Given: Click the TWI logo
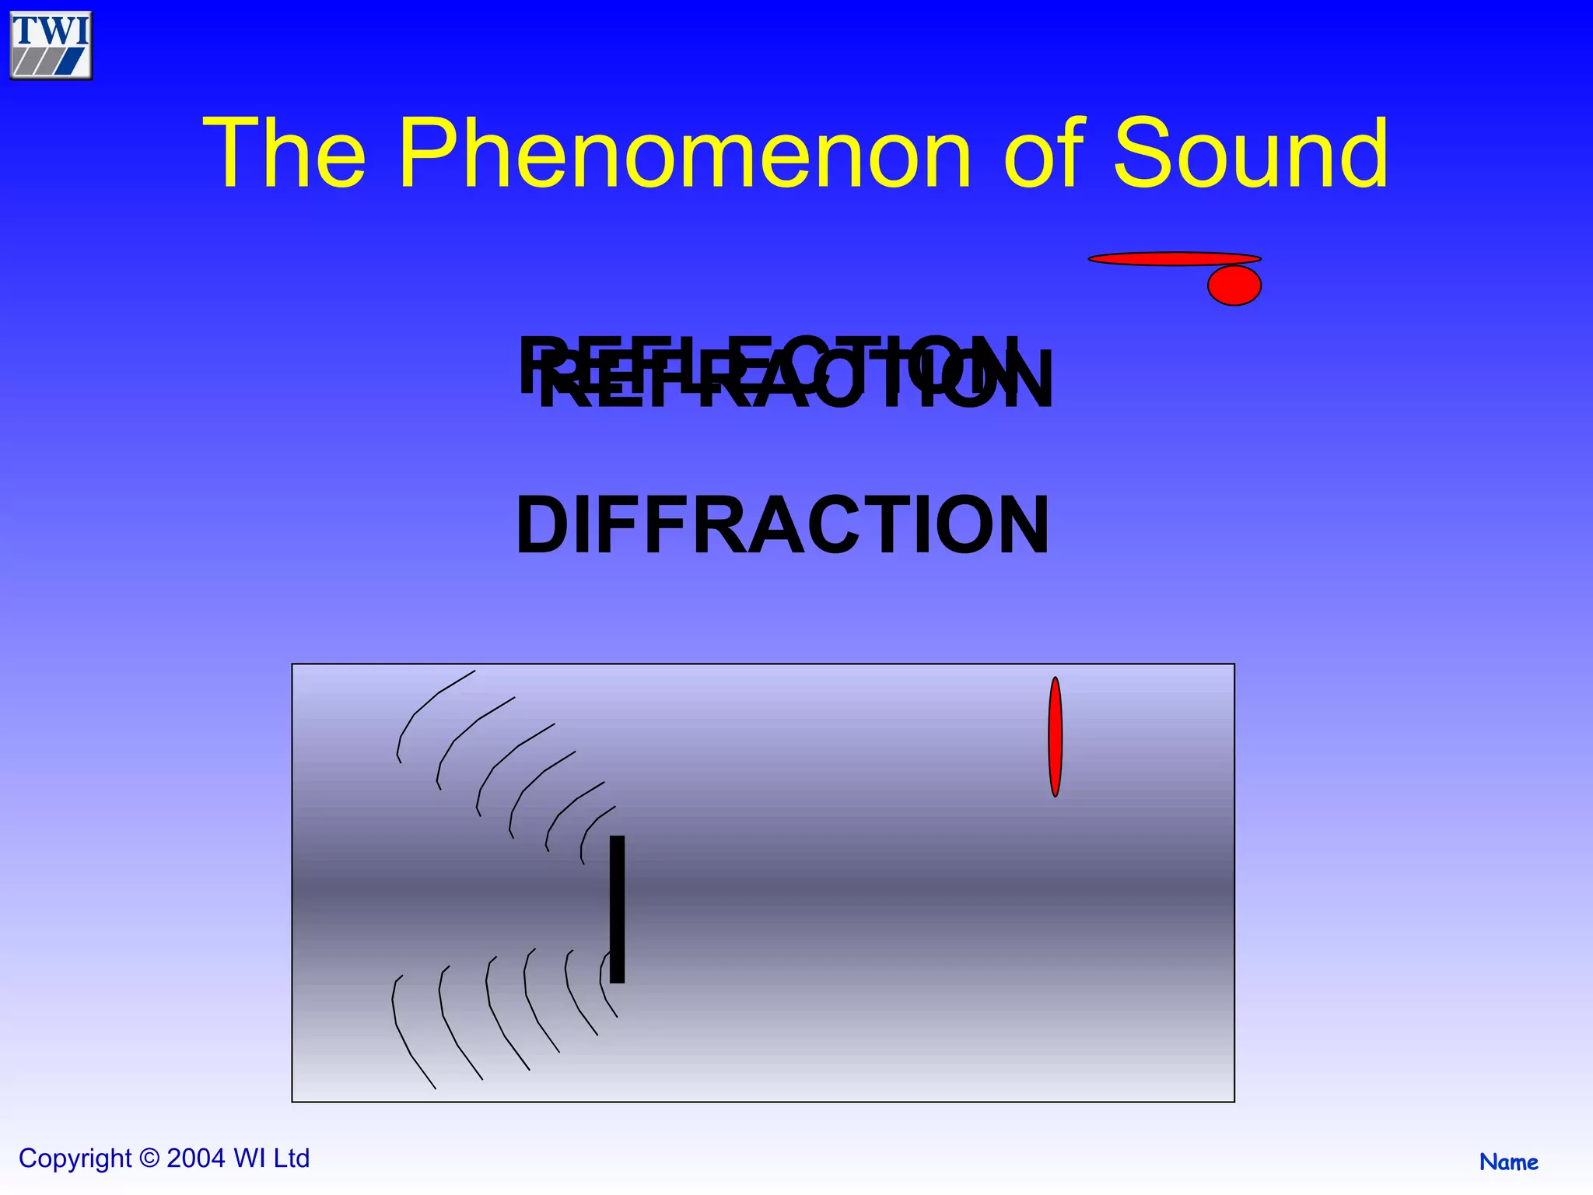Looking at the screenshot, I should (51, 46).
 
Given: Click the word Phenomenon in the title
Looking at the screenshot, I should (684, 153).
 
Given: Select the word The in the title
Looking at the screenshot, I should (284, 153).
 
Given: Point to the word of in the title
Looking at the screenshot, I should (1042, 153).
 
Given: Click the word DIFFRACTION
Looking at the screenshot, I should (782, 526).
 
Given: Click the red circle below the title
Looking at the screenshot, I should (1234, 286).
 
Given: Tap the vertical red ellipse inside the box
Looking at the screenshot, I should (1055, 737).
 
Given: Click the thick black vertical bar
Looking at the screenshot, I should (617, 909).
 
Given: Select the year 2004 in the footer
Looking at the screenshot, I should (196, 1158).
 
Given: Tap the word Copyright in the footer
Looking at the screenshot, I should (75, 1158).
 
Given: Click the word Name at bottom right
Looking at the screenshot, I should (1508, 1162).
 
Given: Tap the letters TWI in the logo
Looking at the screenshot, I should (51, 31).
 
